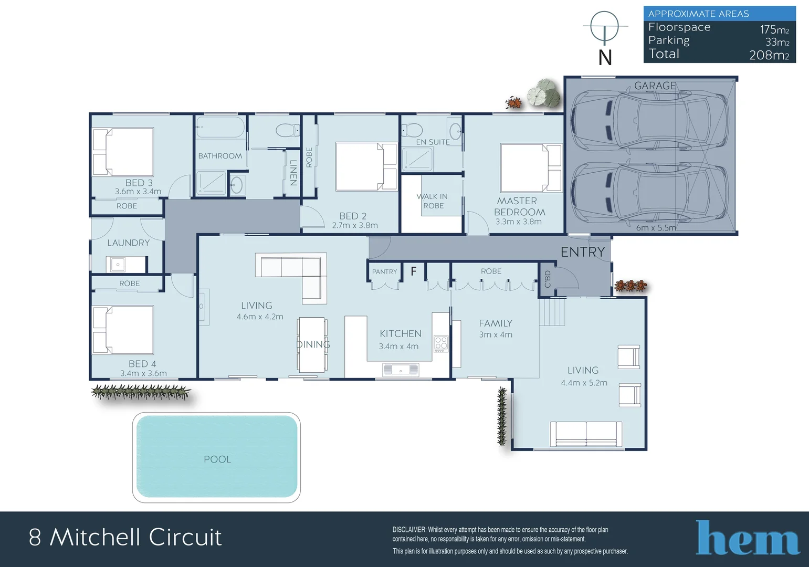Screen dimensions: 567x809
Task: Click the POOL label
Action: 217,459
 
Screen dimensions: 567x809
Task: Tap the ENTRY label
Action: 582,252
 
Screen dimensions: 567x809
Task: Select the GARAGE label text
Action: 655,86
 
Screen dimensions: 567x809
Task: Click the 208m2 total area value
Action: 769,55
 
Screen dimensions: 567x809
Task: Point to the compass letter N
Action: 605,57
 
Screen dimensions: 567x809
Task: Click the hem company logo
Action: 747,538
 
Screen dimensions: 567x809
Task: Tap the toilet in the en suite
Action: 413,130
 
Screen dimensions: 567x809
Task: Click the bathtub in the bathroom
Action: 220,128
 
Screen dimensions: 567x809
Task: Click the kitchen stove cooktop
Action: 441,344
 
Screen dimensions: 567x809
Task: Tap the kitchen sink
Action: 401,370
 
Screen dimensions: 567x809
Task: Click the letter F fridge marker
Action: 414,271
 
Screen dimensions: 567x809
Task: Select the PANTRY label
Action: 384,271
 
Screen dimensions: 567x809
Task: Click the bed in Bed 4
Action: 124,330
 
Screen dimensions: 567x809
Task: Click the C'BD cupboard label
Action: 548,279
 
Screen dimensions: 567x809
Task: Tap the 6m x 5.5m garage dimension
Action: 656,228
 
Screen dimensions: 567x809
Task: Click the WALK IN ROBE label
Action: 433,201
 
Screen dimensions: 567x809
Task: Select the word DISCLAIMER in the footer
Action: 409,530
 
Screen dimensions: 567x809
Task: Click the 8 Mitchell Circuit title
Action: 125,537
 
